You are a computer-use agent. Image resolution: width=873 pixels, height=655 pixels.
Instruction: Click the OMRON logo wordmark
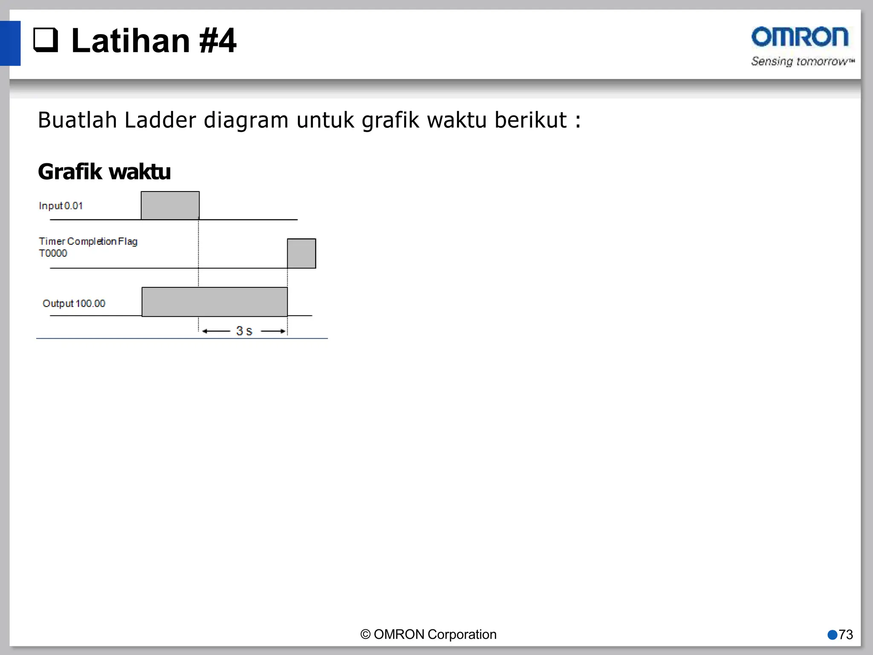pyautogui.click(x=800, y=37)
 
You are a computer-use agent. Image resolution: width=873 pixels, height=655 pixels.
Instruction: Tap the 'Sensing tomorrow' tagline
pyautogui.click(x=802, y=61)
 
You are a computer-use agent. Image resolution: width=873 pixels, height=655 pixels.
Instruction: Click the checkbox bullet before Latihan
pyautogui.click(x=46, y=40)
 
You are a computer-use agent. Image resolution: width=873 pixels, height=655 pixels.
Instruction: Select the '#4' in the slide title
pyautogui.click(x=217, y=41)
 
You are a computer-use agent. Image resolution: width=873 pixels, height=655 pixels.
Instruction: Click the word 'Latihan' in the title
pyautogui.click(x=130, y=41)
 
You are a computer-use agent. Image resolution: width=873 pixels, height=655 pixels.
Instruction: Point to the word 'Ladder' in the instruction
pyautogui.click(x=160, y=120)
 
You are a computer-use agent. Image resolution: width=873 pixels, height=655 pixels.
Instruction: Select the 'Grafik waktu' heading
pyautogui.click(x=104, y=172)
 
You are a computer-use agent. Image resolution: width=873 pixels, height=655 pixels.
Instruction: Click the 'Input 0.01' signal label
pyautogui.click(x=61, y=206)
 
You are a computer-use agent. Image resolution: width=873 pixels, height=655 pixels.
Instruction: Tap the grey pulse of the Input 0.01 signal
pyautogui.click(x=170, y=206)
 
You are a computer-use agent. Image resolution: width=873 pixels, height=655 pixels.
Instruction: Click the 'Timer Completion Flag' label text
pyautogui.click(x=88, y=241)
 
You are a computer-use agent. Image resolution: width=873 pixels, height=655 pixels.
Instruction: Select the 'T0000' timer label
pyautogui.click(x=53, y=253)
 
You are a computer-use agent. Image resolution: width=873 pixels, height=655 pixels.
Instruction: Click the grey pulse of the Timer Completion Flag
pyautogui.click(x=301, y=253)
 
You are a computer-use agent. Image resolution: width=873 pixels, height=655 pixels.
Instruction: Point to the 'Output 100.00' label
pyautogui.click(x=74, y=304)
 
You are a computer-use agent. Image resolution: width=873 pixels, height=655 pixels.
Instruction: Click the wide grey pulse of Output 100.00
pyautogui.click(x=214, y=302)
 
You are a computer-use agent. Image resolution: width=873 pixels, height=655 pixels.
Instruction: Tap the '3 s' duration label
pyautogui.click(x=244, y=331)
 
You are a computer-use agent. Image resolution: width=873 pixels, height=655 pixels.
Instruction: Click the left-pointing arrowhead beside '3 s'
pyautogui.click(x=205, y=331)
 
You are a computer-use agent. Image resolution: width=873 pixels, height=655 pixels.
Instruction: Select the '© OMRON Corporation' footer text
pyautogui.click(x=428, y=634)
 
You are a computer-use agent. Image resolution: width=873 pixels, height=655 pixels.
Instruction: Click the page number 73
pyautogui.click(x=846, y=635)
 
